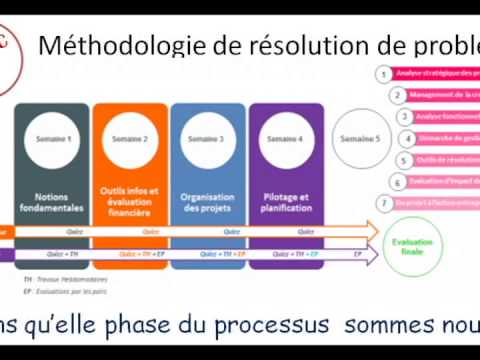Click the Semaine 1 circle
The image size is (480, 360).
[54, 139]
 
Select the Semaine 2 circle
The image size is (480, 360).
[130, 139]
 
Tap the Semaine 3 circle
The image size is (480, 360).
[207, 139]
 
